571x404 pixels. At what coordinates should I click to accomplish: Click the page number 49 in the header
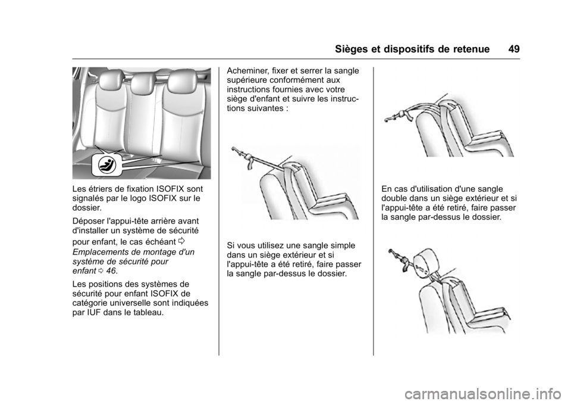[514, 49]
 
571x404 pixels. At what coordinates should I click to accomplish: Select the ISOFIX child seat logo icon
[108, 165]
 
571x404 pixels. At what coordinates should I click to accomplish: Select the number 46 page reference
[111, 271]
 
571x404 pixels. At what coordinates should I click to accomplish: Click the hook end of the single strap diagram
[236, 150]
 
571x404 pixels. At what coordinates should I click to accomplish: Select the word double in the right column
[394, 198]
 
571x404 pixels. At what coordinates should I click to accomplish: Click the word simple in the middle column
[343, 245]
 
